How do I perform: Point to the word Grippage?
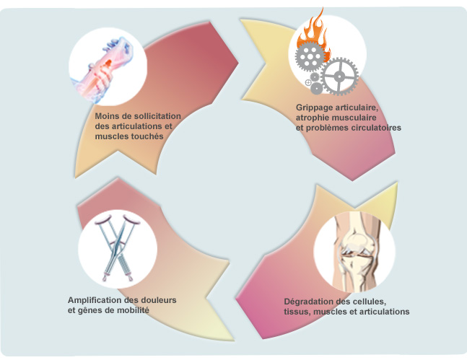click(x=315, y=107)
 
